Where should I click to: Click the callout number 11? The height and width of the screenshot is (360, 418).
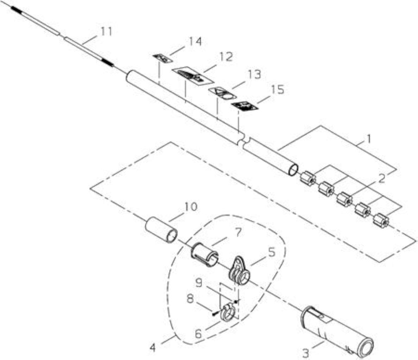106,31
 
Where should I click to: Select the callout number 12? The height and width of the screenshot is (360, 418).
226,57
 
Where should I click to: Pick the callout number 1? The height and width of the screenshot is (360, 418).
368,139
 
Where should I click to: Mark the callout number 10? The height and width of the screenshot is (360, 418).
190,207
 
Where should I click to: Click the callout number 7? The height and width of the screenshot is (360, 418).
236,233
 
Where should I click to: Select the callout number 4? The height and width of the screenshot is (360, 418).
152,347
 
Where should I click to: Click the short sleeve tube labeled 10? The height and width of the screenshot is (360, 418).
161,230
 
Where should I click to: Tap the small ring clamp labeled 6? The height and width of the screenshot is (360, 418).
227,313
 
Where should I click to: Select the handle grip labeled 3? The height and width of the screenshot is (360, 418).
337,332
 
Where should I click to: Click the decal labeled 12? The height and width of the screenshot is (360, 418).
193,76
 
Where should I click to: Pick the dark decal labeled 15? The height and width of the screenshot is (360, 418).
245,106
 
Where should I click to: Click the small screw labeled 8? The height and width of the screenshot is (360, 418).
215,314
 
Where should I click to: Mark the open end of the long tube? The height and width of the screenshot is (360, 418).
293,169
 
